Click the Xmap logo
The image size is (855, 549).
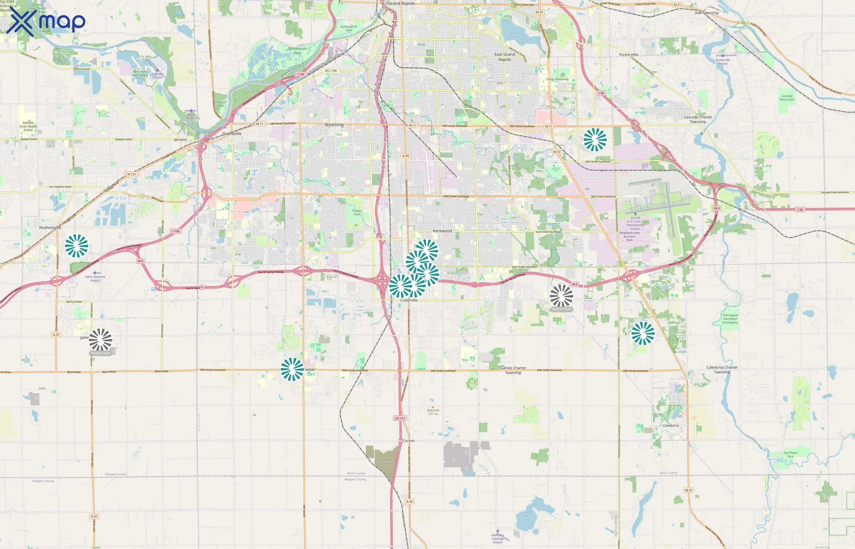(x=46, y=22)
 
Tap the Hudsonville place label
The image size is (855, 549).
(x=50, y=228)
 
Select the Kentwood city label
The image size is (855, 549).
(x=442, y=231)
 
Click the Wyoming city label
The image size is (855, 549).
(x=334, y=125)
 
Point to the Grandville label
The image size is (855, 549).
(x=232, y=134)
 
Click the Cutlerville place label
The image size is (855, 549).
(x=409, y=300)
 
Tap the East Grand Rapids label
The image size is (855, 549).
(x=504, y=57)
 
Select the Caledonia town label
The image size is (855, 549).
(x=671, y=426)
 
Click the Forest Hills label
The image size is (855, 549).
(x=628, y=55)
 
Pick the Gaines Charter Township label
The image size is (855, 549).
(x=513, y=370)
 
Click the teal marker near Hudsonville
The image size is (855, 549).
(x=77, y=246)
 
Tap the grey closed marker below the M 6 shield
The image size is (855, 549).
(x=561, y=296)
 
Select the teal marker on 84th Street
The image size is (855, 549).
(x=292, y=369)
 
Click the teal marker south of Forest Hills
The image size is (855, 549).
(x=595, y=139)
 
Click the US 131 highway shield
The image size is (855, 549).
(x=400, y=418)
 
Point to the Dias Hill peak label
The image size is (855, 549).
(x=433, y=412)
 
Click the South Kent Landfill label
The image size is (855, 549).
(x=385, y=462)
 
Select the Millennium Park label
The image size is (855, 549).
(x=297, y=51)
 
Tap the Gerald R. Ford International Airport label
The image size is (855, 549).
(x=635, y=223)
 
